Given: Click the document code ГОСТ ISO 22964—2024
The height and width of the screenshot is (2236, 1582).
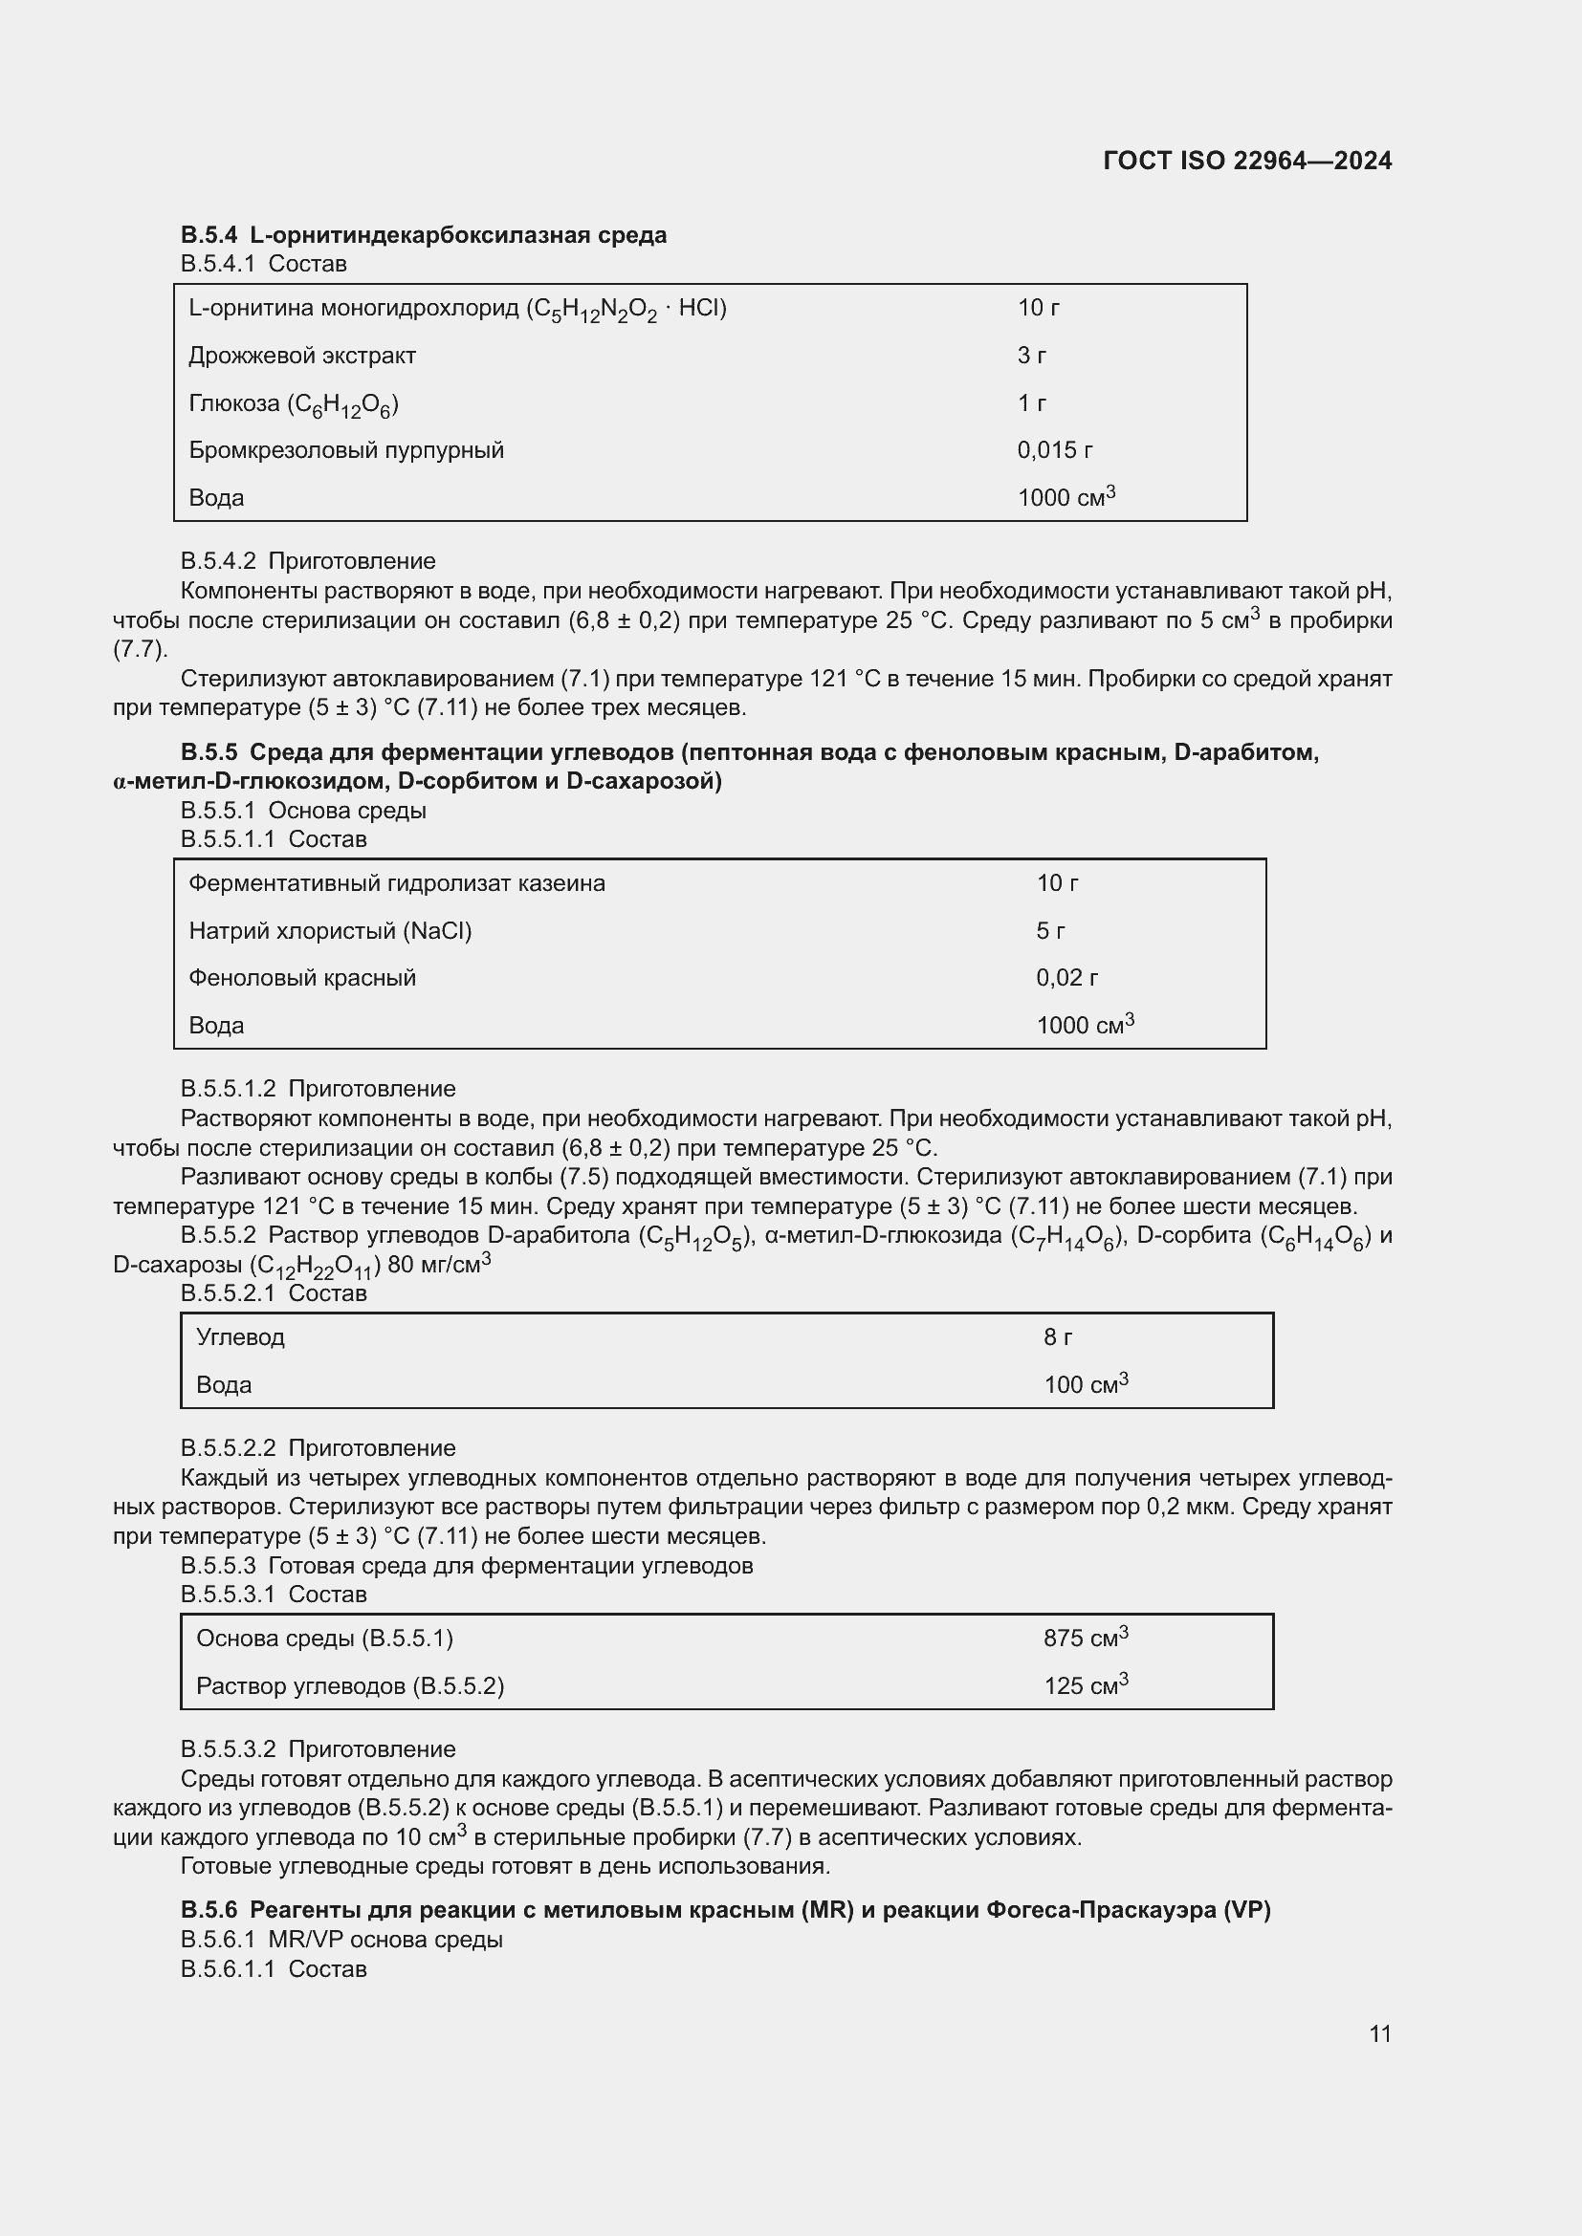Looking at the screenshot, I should (1247, 161).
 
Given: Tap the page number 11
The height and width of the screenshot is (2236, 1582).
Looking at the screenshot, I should (1379, 2033).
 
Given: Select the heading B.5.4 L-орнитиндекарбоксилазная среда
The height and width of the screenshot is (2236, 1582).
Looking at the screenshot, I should (423, 235).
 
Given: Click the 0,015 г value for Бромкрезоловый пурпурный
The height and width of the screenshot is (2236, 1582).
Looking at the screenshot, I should (1054, 450).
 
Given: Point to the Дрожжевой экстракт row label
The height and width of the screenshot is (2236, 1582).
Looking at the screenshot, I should (302, 356).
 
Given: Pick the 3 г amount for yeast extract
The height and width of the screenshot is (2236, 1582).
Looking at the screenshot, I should (1031, 356).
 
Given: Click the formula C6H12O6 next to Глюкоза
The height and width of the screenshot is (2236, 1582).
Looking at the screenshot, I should (343, 404).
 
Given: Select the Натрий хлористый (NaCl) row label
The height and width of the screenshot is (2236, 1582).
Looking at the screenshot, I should (329, 931).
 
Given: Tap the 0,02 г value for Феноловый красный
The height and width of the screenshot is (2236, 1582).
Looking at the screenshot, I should (1066, 978).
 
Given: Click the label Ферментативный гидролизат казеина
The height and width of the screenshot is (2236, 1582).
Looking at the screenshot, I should (397, 883).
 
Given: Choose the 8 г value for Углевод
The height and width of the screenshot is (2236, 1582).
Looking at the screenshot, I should (1057, 1337).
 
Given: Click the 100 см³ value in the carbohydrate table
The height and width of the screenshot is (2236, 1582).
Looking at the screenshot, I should (1085, 1384).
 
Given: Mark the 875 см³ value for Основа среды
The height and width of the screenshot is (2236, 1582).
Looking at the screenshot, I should (1085, 1639).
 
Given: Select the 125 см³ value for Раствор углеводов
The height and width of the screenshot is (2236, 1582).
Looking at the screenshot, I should (1085, 1685).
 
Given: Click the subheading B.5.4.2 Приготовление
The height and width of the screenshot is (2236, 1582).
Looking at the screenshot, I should (308, 561).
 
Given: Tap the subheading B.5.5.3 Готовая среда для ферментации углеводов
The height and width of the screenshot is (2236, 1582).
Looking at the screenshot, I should (467, 1566).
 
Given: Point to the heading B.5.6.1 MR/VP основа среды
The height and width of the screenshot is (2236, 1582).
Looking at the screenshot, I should (341, 1939).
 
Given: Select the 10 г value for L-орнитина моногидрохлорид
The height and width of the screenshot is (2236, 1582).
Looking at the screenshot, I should (1038, 308).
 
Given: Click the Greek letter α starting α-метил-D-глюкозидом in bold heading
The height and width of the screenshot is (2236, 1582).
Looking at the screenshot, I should (119, 782).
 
